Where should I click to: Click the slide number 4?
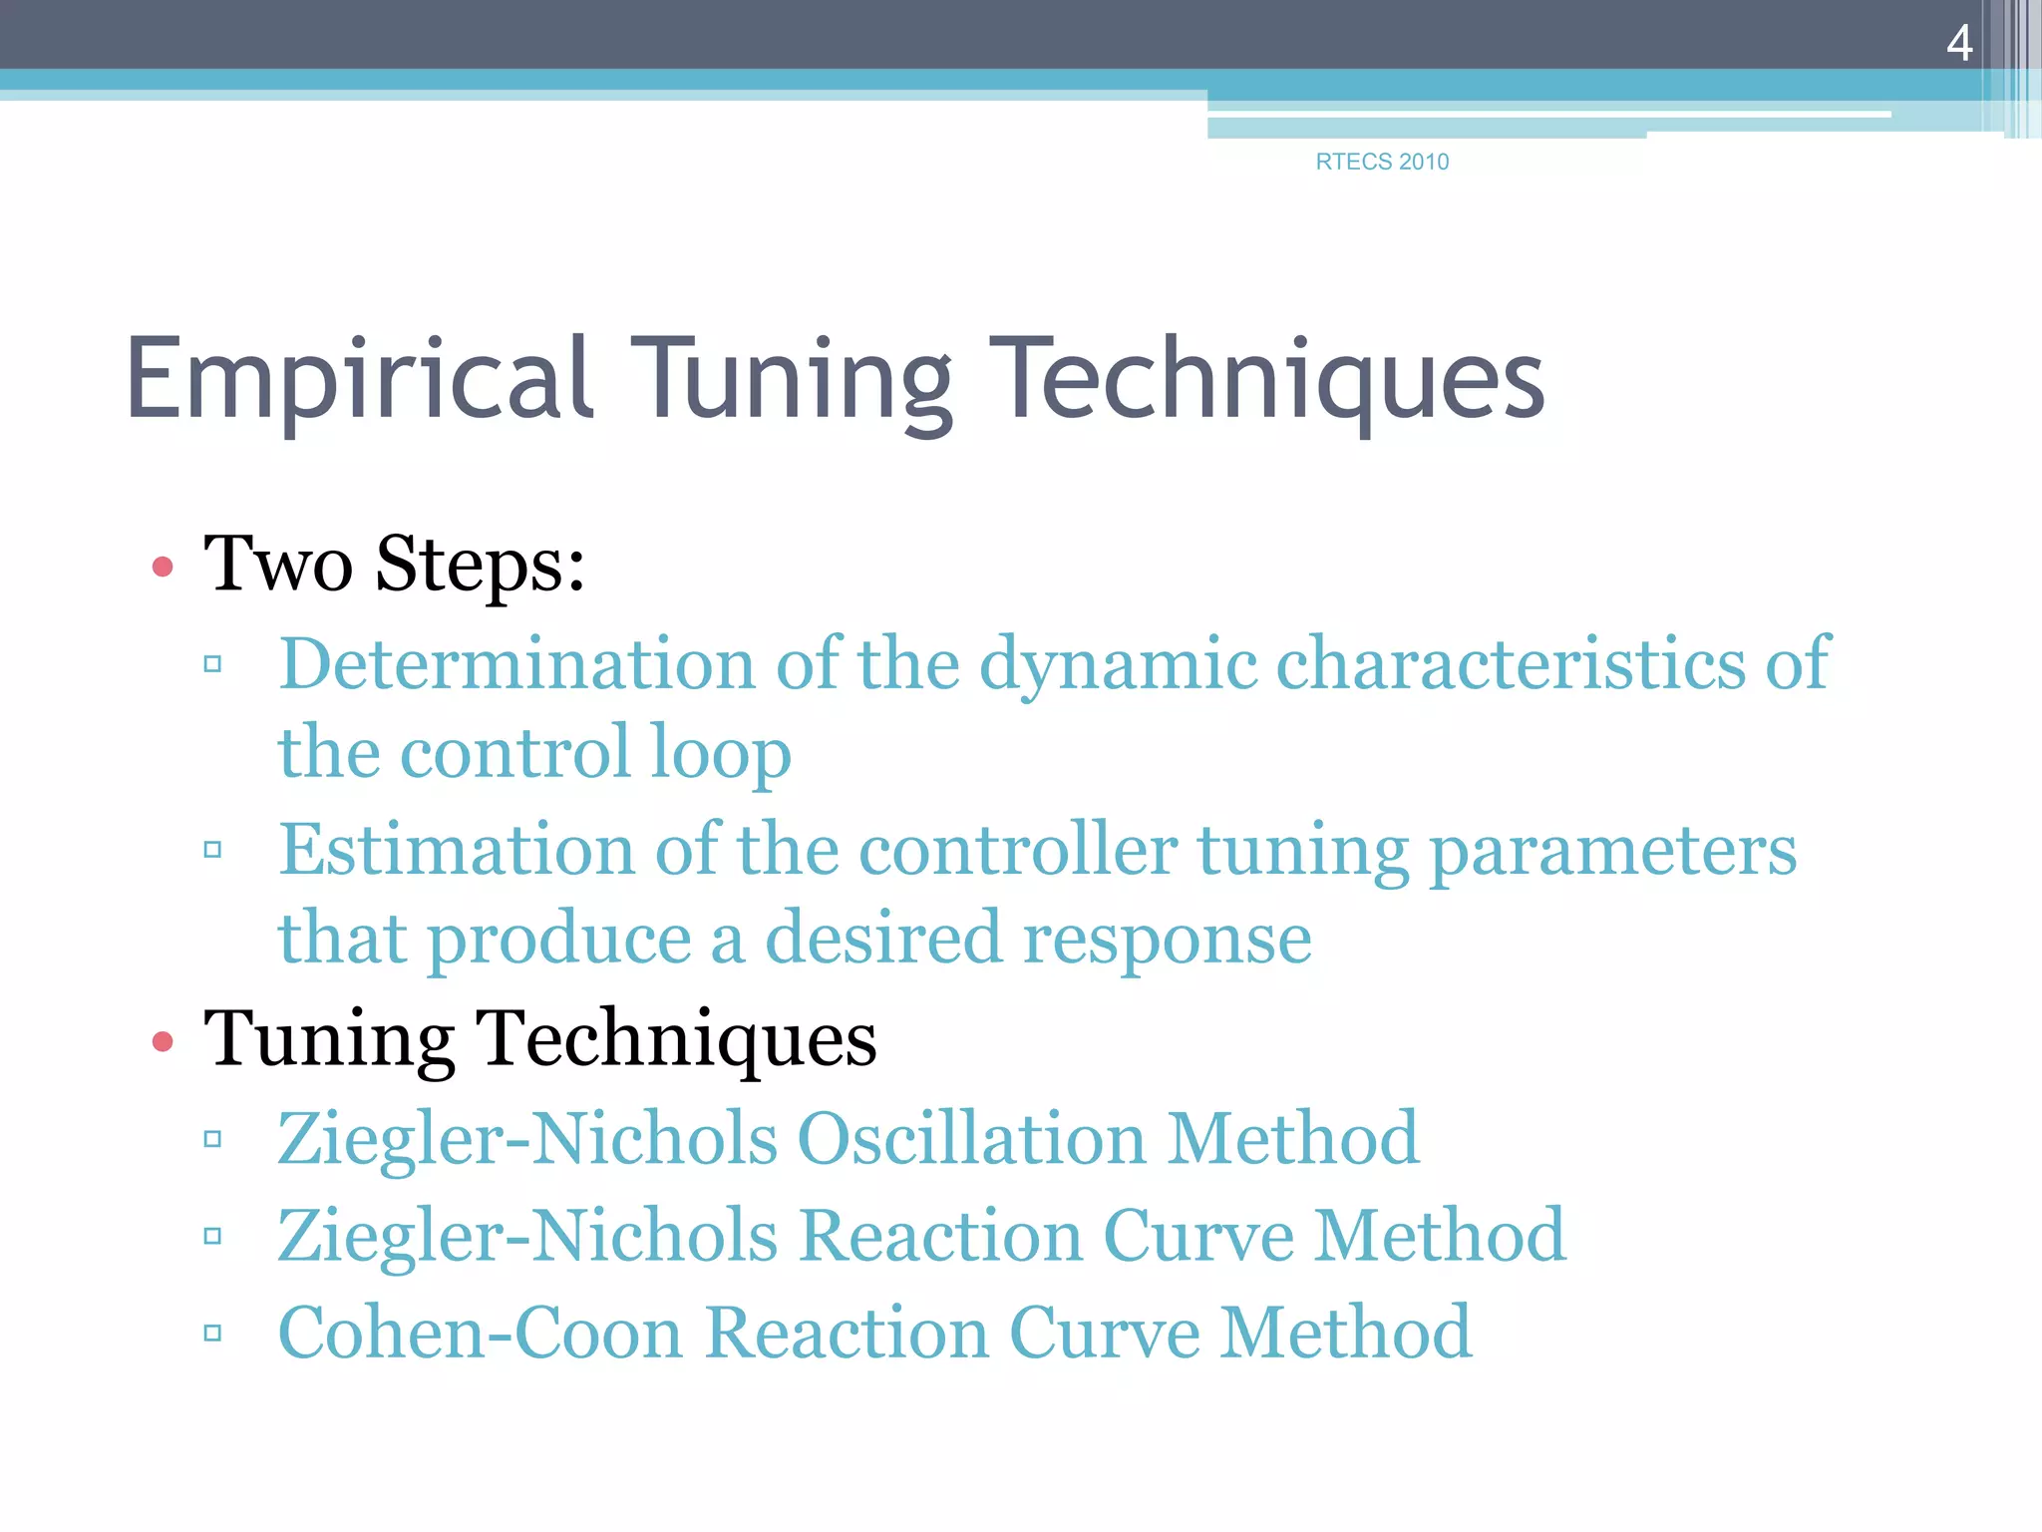(1958, 44)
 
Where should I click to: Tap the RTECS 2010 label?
(1382, 162)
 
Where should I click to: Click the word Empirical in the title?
(359, 380)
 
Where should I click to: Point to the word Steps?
(480, 565)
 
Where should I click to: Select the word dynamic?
(1118, 663)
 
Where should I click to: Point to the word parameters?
(1612, 850)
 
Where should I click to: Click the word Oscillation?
(971, 1138)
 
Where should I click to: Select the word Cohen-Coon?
(481, 1333)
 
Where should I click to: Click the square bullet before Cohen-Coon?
(212, 1333)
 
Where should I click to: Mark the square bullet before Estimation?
(212, 850)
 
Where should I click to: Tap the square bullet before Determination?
(212, 663)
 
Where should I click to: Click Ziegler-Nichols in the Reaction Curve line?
(527, 1236)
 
